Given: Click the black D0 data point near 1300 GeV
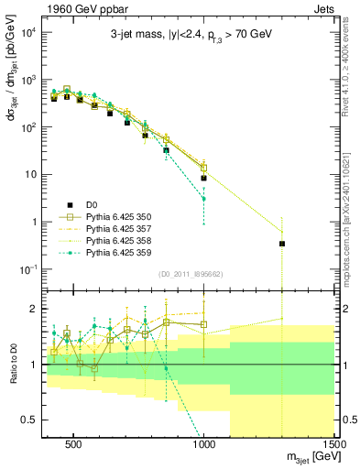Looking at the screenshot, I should click(x=282, y=244).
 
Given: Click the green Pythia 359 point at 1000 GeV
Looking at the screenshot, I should click(x=204, y=199).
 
